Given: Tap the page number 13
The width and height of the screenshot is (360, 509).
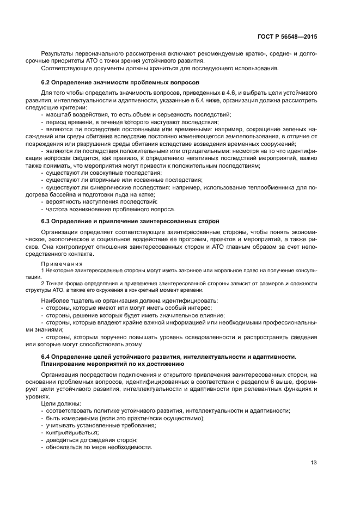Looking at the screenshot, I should (313, 463).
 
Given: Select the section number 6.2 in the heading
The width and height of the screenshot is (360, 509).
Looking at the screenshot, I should (46, 82).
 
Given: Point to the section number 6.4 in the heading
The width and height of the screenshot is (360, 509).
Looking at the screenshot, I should (46, 357).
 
